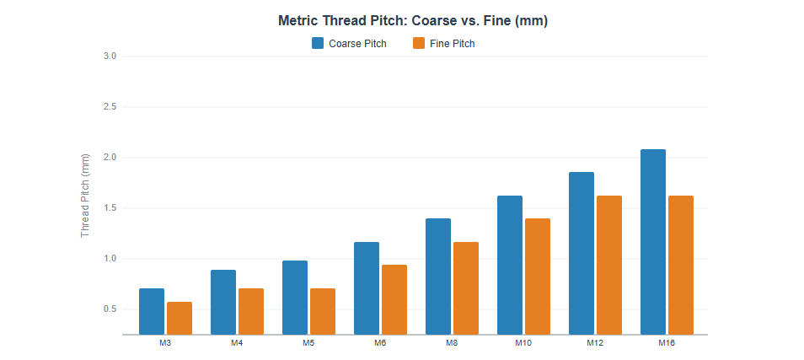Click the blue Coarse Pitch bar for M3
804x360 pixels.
152,311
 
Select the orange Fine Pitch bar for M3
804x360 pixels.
180,318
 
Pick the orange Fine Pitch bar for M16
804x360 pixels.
681,265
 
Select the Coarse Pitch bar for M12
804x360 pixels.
582,253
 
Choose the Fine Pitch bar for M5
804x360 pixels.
323,311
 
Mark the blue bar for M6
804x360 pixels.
367,287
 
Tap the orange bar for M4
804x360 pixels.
251,311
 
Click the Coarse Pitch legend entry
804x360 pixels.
349,44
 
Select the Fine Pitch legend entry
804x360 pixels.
443,44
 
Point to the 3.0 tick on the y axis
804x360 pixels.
110,56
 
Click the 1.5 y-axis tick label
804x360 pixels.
110,208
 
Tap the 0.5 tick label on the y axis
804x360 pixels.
110,309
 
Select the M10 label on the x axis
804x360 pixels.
523,343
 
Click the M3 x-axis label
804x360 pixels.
165,343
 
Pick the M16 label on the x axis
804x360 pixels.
667,343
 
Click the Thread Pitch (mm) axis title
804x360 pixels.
85,196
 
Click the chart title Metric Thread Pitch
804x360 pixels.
413,21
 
